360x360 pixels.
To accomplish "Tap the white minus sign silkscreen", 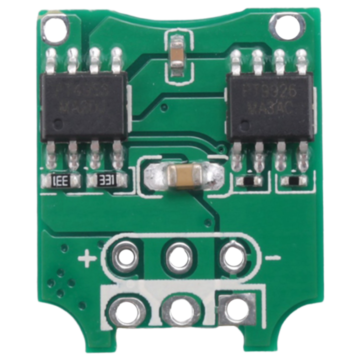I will pyautogui.click(x=273, y=258).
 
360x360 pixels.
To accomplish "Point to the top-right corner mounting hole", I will pyautogui.click(x=286, y=25).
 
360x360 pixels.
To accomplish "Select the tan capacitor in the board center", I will pyautogui.click(x=185, y=174).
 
